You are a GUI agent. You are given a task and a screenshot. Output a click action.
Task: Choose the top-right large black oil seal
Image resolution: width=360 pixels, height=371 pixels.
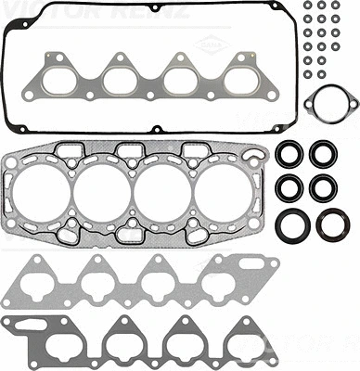pos(324,153)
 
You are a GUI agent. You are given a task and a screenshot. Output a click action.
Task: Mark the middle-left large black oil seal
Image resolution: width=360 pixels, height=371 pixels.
pos(290,187)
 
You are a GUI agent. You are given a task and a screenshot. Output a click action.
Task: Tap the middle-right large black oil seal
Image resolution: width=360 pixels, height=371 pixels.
pos(324,187)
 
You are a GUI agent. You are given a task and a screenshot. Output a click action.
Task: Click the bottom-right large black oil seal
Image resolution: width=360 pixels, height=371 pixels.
pos(331,224)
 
